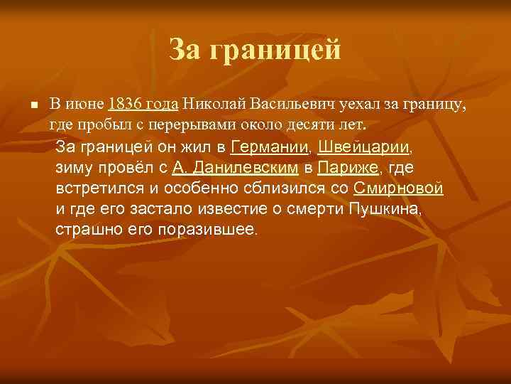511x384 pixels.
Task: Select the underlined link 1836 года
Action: pos(143,104)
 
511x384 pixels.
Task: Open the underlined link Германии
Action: pos(270,148)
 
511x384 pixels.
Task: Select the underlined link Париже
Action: pos(348,169)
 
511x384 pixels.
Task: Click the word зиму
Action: pos(73,169)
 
